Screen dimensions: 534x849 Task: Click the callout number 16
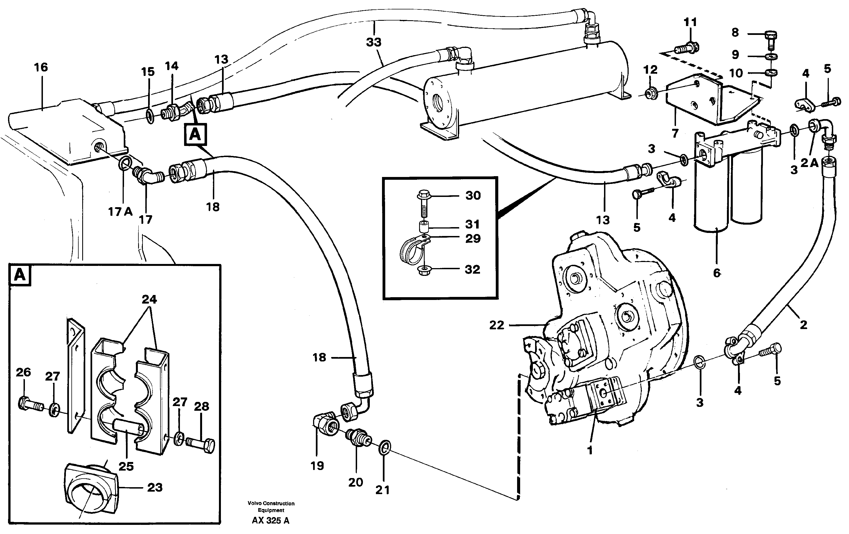41,67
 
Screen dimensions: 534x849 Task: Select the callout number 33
373,42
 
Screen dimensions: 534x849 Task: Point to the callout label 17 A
120,212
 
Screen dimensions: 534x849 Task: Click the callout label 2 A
809,163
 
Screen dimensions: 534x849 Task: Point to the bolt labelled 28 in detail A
201,445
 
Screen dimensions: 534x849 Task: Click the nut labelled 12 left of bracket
651,94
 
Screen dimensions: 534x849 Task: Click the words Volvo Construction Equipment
271,507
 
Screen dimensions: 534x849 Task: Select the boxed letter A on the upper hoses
195,134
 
